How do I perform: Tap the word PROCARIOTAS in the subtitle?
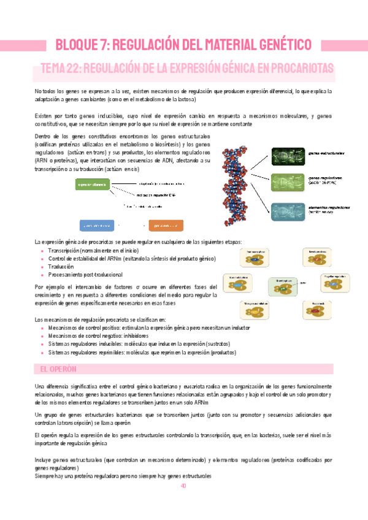(x=297, y=67)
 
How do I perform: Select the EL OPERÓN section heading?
(x=53, y=369)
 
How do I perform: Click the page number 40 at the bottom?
(x=183, y=486)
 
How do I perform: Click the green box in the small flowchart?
(x=92, y=184)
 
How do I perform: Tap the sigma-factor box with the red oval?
(x=318, y=310)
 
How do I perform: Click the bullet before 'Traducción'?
(x=42, y=267)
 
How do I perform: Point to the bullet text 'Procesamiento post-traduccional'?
(x=81, y=275)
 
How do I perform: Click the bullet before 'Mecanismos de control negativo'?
(x=42, y=336)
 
